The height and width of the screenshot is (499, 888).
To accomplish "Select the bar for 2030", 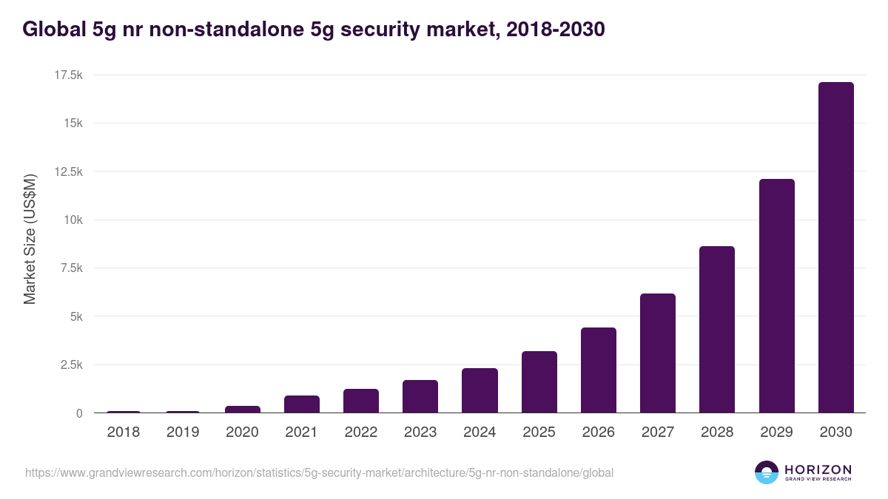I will tap(835, 248).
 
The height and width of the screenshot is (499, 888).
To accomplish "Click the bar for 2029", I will tap(776, 296).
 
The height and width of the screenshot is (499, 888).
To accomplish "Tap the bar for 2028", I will tap(717, 330).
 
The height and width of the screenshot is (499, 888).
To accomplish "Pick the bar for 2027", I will tap(658, 353).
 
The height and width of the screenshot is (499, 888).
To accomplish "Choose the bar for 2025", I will tap(539, 382).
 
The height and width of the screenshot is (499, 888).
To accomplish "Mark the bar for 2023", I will tap(420, 396).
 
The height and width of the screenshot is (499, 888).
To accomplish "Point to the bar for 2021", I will tap(302, 404).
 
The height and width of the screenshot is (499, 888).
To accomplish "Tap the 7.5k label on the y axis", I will tap(70, 268).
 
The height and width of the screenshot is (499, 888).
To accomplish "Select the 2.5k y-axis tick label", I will tap(70, 365).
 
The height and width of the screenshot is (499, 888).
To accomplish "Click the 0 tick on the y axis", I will tap(79, 413).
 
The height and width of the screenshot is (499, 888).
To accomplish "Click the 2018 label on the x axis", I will tap(124, 432).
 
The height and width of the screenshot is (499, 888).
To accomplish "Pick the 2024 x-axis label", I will tap(480, 432).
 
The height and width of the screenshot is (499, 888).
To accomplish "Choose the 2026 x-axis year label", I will tap(598, 432).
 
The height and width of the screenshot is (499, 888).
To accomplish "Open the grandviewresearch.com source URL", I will tap(319, 472).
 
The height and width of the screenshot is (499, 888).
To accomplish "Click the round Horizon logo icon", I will tap(766, 472).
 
